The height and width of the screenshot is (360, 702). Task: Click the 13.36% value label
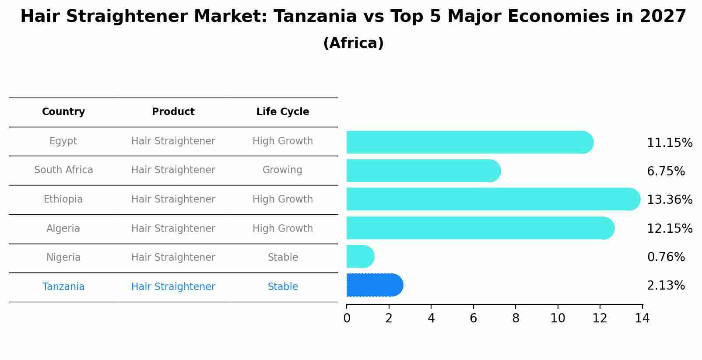coord(670,200)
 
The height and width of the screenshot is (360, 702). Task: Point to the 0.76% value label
coord(666,257)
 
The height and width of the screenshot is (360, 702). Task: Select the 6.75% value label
coord(666,171)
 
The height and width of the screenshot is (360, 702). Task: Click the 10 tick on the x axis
coord(558,318)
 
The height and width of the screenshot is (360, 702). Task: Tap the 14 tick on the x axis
coord(642,318)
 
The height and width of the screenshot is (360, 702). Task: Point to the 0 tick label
coord(347,318)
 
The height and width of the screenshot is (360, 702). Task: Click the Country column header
coord(63,112)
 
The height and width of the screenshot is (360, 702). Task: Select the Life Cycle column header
coord(283,112)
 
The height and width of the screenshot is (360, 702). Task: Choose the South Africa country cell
coord(63,170)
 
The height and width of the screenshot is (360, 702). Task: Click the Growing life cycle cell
coord(282,170)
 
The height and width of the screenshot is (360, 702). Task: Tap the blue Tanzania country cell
coord(63,287)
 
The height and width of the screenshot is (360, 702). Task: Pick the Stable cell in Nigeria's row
coord(283,258)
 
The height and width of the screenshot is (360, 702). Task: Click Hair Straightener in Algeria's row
coord(173,229)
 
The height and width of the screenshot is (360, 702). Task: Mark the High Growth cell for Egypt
coord(283,141)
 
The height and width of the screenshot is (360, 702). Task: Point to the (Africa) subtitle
coord(353,43)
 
